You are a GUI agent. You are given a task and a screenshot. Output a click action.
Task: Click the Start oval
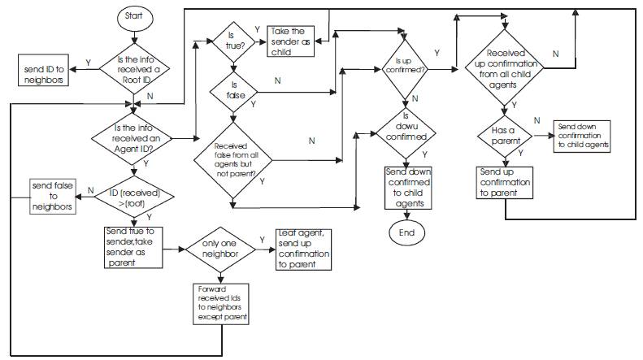[134, 16]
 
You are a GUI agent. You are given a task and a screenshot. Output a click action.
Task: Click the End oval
[405, 234]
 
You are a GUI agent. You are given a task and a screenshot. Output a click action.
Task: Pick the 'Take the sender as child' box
[290, 41]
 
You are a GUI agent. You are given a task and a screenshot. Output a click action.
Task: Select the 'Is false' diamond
[231, 89]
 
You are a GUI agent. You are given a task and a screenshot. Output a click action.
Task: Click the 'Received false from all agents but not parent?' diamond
[231, 162]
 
